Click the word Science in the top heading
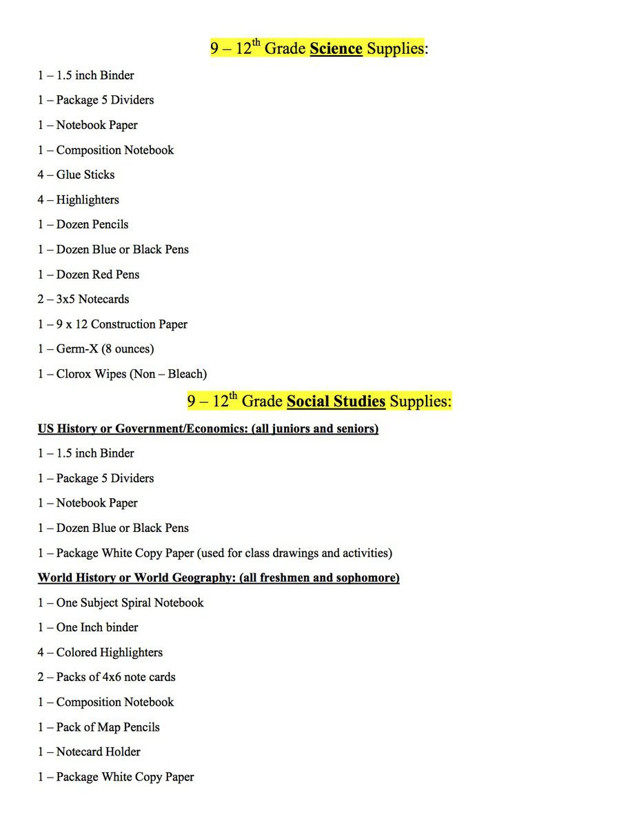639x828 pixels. [336, 48]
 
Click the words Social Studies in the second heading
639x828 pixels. [336, 401]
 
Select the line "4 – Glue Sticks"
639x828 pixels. [76, 175]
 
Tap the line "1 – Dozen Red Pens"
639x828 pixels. [88, 274]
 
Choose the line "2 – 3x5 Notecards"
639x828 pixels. [83, 299]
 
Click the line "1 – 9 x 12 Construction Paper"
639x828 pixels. [112, 324]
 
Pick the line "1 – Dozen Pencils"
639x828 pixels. [83, 224]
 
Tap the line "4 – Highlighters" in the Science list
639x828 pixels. [78, 199]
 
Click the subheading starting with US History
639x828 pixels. [207, 428]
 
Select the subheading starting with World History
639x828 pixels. [219, 578]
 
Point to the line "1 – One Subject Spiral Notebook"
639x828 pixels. [121, 602]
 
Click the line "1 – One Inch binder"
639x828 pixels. [88, 627]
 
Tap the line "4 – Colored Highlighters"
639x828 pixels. [100, 652]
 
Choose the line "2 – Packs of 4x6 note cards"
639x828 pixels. [106, 677]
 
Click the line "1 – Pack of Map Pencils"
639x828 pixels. [99, 727]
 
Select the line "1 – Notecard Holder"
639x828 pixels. [89, 751]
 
